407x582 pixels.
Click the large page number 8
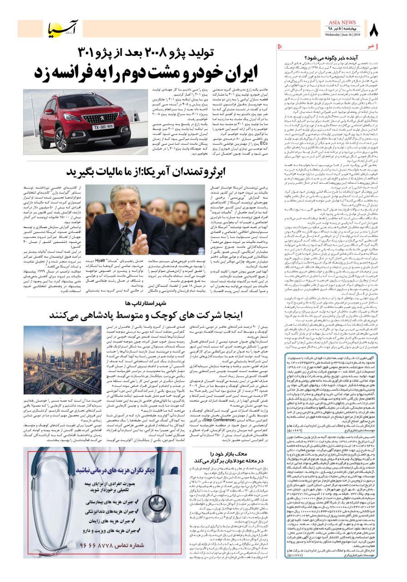pyautogui.click(x=373, y=30)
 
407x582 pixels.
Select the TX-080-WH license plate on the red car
pyautogui.click(x=103, y=126)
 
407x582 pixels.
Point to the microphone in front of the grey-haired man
pyautogui.click(x=124, y=226)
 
